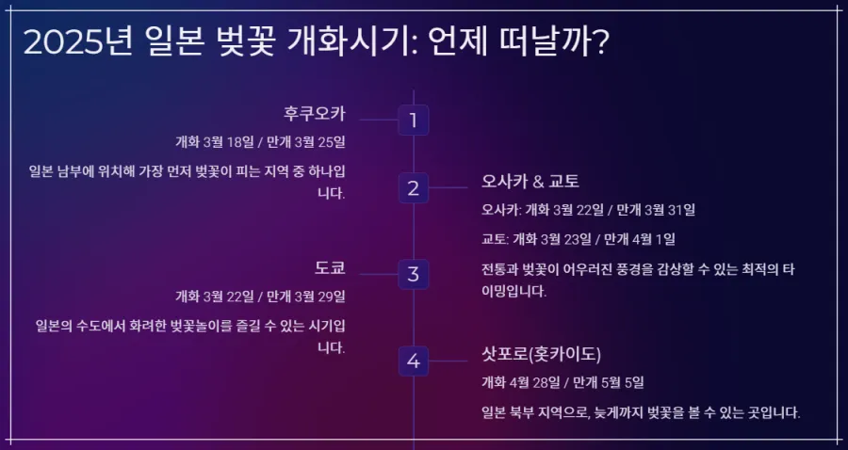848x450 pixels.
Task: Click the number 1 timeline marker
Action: coord(413,121)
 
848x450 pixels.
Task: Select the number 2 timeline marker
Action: coord(413,187)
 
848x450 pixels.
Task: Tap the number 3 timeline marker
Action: coord(413,275)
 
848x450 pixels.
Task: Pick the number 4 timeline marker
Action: coord(413,361)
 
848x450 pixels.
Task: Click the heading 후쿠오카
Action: coord(315,114)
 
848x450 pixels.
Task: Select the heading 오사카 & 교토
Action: coord(530,181)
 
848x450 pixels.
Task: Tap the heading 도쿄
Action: coord(330,267)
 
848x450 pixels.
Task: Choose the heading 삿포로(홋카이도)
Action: coord(541,354)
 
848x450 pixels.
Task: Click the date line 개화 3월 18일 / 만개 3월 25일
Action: coord(261,142)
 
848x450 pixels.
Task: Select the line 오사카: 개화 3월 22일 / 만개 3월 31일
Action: coord(588,209)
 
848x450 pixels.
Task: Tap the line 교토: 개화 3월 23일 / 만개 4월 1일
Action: coord(578,239)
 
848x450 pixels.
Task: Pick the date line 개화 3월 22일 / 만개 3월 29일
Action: coord(261,297)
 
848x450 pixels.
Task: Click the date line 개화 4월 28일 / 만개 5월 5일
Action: coord(563,382)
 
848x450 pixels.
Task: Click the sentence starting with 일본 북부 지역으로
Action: coord(640,412)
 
